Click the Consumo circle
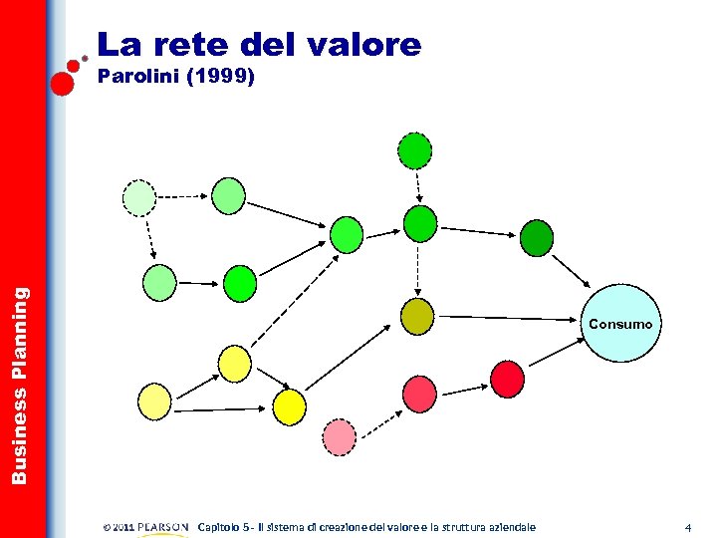[x=620, y=323]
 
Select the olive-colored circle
[x=417, y=316]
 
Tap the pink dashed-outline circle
[x=340, y=435]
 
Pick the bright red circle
[x=507, y=377]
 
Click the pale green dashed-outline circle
[x=139, y=197]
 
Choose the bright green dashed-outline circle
[x=415, y=150]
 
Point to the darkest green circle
[x=537, y=238]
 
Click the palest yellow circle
[x=155, y=401]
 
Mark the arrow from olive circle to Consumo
[x=508, y=319]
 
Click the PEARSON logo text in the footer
[x=162, y=527]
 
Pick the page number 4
[x=687, y=527]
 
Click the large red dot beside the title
[x=62, y=82]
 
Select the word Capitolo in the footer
[x=224, y=527]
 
